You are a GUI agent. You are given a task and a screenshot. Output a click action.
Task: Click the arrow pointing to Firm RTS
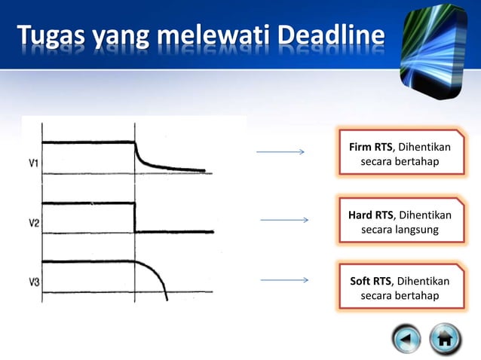coord(280,152)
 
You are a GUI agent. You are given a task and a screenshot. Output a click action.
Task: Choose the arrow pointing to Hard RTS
coord(283,220)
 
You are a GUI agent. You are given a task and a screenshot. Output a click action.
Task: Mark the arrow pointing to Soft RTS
coord(283,280)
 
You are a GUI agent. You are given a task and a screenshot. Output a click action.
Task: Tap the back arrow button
coord(407,339)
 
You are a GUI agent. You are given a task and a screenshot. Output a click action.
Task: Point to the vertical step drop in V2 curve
coord(135,217)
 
